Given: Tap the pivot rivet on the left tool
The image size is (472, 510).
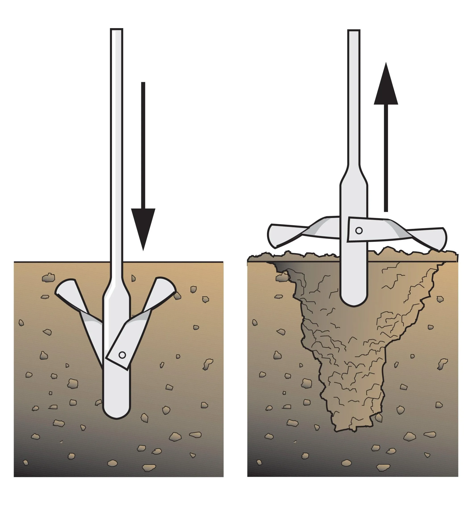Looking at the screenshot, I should (122, 355).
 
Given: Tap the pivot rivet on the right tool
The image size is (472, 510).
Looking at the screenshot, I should (359, 231).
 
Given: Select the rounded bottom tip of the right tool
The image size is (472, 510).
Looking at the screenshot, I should (354, 302).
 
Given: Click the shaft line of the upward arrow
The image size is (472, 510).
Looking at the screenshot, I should (386, 159).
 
